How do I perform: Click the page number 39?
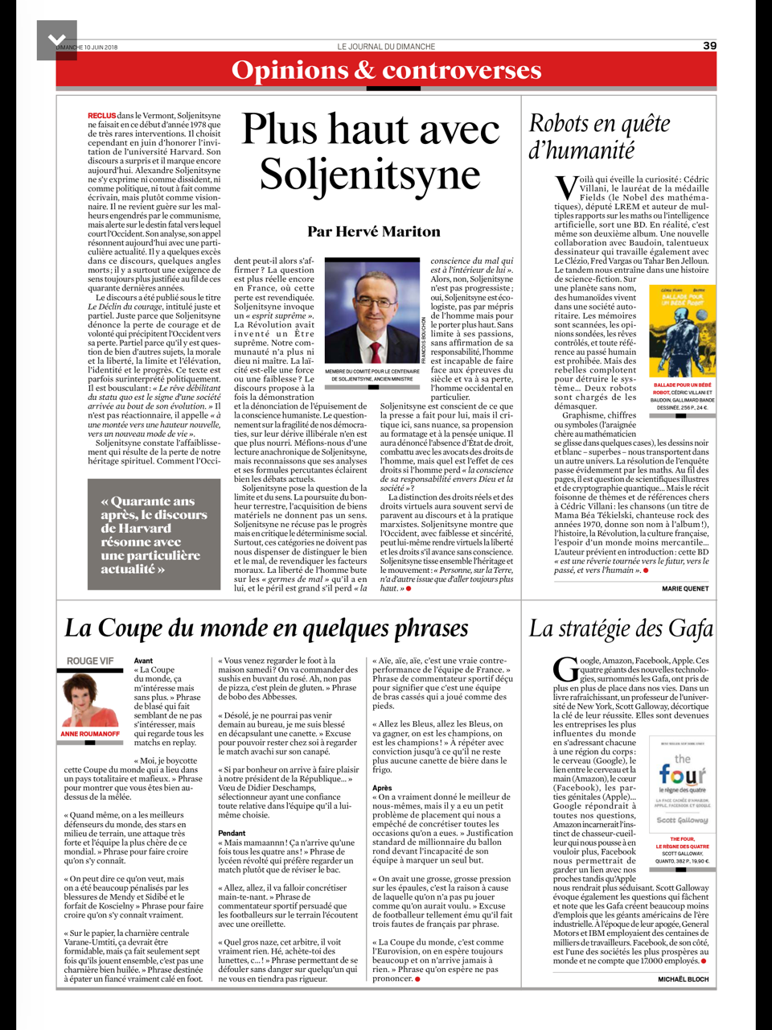[x=709, y=46]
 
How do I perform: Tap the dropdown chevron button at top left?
[x=57, y=39]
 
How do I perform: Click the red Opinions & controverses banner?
[x=386, y=71]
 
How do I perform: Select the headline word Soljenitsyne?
[x=370, y=174]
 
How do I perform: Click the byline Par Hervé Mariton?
[x=374, y=232]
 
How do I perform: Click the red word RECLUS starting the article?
[x=101, y=116]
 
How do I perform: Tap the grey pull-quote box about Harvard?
[x=154, y=534]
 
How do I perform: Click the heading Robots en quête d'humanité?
[x=599, y=136]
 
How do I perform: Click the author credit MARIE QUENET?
[x=685, y=588]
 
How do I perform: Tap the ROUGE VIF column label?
[x=89, y=661]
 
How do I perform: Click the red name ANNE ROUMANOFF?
[x=90, y=734]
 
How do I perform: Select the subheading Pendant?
[x=232, y=833]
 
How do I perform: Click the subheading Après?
[x=382, y=788]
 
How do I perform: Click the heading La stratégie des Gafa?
[x=621, y=628]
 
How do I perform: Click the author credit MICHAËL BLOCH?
[x=684, y=979]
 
